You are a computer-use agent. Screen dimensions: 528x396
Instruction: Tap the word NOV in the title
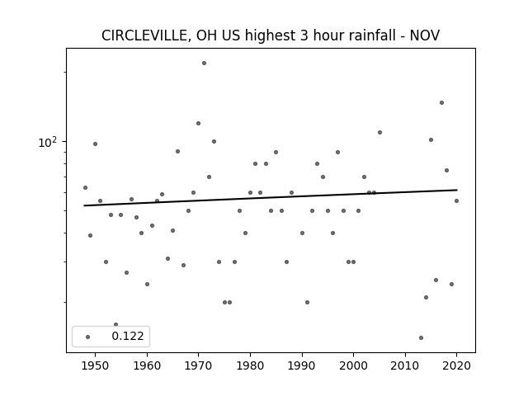point(424,35)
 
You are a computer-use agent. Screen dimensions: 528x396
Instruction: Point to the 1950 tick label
point(96,365)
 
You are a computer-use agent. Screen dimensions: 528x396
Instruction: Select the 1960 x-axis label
point(147,365)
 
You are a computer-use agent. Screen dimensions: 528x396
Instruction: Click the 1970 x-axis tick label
point(198,365)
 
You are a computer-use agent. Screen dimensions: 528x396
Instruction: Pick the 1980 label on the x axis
point(250,365)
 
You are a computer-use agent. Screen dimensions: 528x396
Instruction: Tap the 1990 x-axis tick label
point(302,365)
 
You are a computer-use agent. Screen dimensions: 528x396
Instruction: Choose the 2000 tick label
point(353,365)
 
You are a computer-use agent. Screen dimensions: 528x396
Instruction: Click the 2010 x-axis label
point(405,365)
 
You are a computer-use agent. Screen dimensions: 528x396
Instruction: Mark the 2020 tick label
point(456,365)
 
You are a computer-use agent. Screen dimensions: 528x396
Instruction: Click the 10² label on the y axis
point(48,143)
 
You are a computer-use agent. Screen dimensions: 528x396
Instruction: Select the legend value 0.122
point(128,336)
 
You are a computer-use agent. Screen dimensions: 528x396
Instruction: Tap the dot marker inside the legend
point(88,337)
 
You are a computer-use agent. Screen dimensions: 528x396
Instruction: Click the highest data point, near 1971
point(204,63)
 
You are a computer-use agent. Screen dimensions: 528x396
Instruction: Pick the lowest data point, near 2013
point(421,337)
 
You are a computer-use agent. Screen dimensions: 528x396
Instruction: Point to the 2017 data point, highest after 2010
point(442,102)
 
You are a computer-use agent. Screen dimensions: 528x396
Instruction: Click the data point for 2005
point(379,132)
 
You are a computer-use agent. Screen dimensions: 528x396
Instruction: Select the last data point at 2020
point(456,200)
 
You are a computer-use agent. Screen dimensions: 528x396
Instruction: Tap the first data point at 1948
point(85,187)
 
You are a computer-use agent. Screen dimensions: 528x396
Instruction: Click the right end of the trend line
point(457,190)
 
